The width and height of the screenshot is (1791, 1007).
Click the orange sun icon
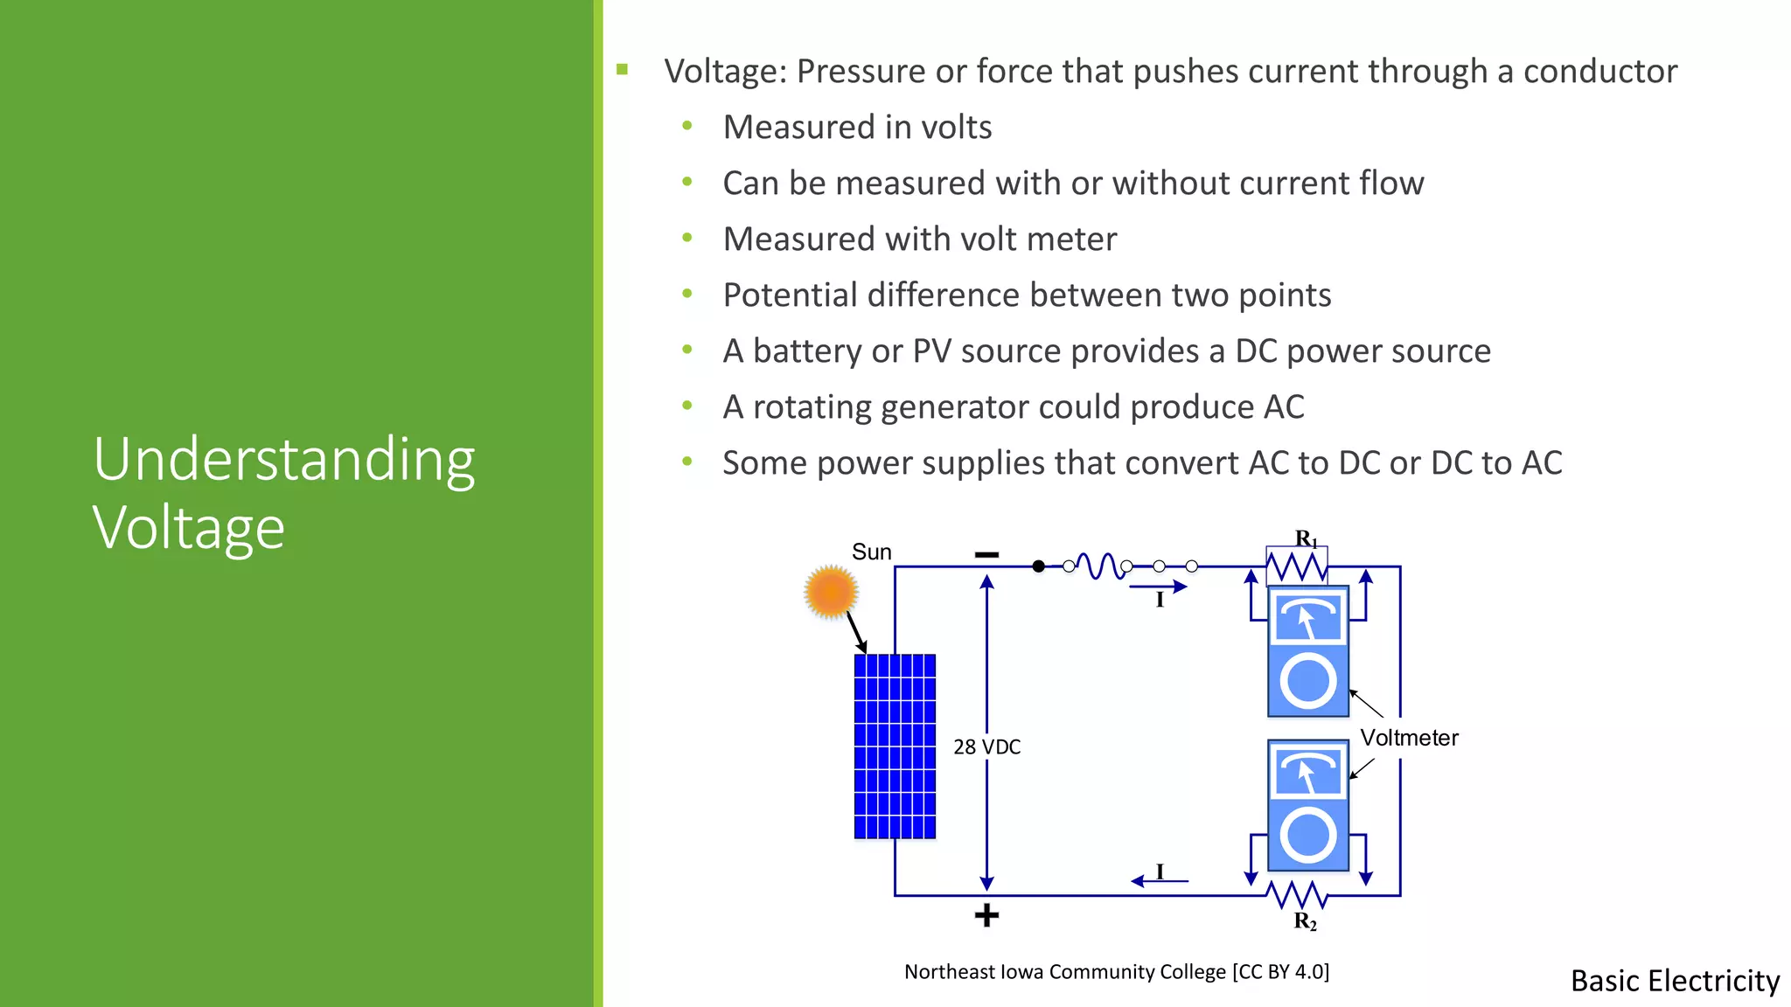click(830, 592)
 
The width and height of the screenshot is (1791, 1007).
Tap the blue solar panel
click(895, 746)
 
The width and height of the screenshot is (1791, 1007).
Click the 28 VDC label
click(986, 747)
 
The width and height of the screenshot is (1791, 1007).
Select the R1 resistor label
click(1306, 538)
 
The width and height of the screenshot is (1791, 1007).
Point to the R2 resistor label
click(1305, 921)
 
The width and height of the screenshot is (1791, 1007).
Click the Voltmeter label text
click(1409, 738)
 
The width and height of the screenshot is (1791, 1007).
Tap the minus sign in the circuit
click(986, 555)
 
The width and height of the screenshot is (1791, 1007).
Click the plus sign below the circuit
click(986, 915)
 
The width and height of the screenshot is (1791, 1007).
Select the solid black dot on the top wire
click(1038, 566)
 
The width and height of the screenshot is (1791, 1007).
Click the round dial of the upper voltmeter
click(1307, 681)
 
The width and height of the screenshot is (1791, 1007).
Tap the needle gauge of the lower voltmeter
click(1307, 772)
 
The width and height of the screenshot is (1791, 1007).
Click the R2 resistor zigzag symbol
click(1297, 894)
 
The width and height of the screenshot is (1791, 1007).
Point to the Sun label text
click(871, 552)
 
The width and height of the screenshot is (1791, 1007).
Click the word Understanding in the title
click(284, 460)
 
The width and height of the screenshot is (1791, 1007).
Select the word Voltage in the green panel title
click(189, 528)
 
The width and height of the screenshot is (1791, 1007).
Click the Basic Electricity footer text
click(1675, 981)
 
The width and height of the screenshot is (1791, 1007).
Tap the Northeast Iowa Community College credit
click(1116, 972)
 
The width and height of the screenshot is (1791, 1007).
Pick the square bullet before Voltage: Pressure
click(623, 70)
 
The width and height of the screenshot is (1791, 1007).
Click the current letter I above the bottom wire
click(1160, 872)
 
